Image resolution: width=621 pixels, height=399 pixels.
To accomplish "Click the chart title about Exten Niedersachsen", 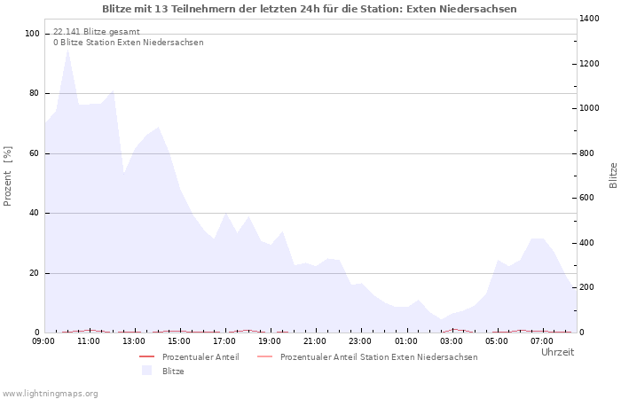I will [x=310, y=9].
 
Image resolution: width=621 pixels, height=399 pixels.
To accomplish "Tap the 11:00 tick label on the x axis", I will [x=89, y=340].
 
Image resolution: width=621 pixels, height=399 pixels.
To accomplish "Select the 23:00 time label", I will [x=360, y=340].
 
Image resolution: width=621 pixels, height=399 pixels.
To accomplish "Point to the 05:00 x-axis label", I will [x=496, y=340].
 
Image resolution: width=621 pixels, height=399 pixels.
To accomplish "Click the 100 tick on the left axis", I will [x=33, y=34].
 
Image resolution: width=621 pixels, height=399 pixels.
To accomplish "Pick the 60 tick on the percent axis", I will [x=35, y=153].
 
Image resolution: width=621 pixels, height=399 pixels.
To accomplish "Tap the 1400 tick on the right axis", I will [x=590, y=19].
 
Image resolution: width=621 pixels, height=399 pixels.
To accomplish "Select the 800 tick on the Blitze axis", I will [x=587, y=153].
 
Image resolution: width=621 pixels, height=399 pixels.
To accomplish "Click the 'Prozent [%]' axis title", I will [x=8, y=176].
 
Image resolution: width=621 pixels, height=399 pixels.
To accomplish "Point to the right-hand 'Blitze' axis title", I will [x=613, y=176].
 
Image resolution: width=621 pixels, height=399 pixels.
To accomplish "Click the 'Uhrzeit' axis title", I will [x=557, y=352].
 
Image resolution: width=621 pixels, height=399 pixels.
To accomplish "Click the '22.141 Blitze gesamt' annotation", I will [x=96, y=31].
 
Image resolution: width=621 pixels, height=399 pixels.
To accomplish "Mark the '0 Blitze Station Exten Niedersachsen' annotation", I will [x=128, y=43].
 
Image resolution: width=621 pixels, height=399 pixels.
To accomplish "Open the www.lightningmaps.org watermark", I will [x=50, y=393].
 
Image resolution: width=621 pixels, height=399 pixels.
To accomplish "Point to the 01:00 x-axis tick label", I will [x=405, y=340].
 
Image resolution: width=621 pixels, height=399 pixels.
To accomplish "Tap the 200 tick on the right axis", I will [x=587, y=287].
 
